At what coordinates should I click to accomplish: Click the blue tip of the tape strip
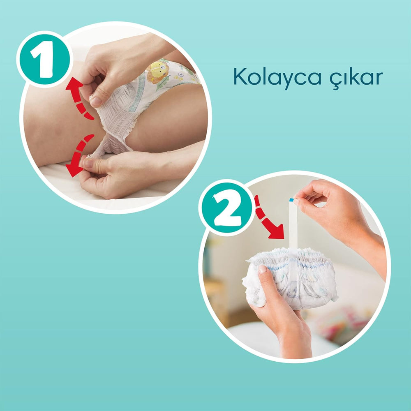click(x=291, y=200)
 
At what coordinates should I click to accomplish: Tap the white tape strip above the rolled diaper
click(x=293, y=226)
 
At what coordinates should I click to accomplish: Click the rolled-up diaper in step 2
click(x=292, y=277)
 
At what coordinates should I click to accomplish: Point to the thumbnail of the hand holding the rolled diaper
click(x=262, y=270)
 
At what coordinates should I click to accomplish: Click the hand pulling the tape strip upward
click(x=329, y=205)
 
